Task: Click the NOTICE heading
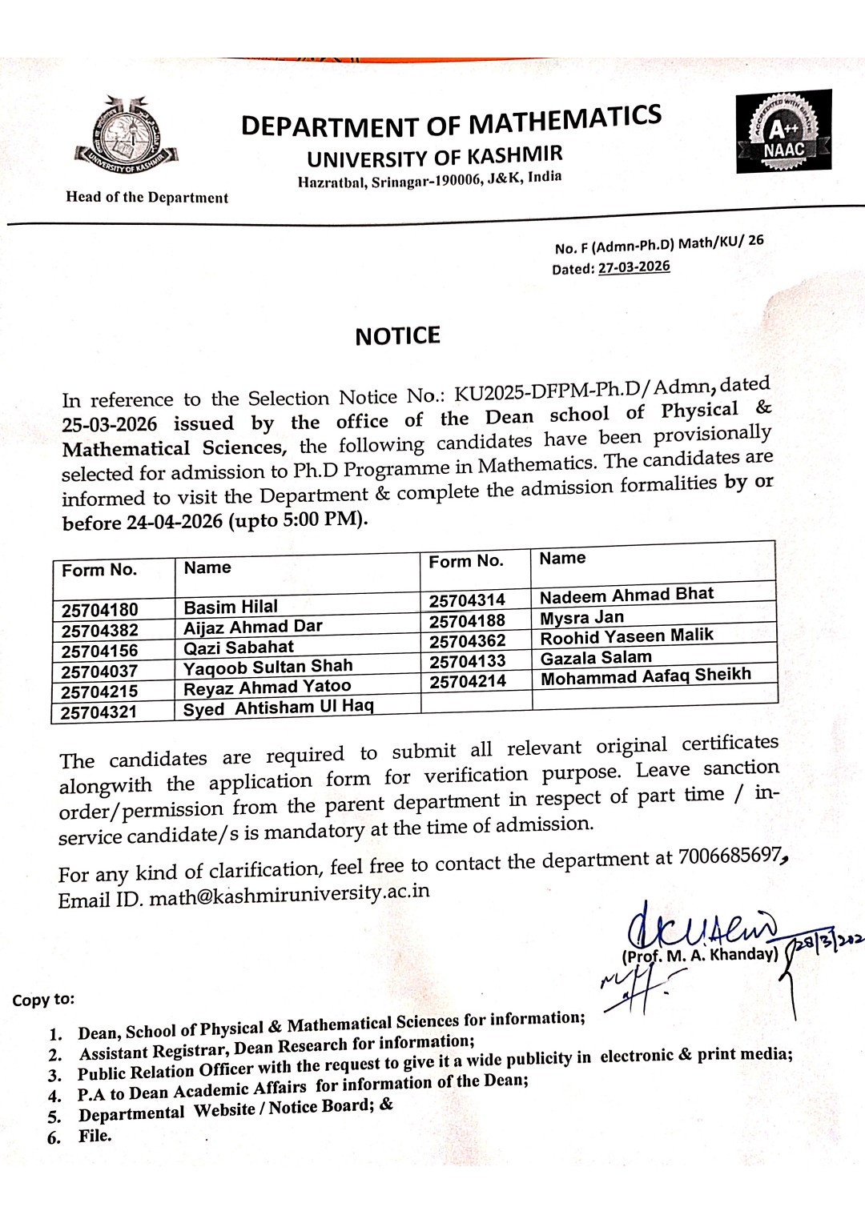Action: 397,335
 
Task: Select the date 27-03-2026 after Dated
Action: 634,267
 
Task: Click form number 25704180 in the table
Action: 100,610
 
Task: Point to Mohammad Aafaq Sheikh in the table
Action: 646,676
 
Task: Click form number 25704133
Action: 467,661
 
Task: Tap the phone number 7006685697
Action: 729,856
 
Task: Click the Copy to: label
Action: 43,1000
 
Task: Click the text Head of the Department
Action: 147,197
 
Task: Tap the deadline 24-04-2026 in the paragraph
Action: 175,523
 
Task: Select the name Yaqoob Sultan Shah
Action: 268,667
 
